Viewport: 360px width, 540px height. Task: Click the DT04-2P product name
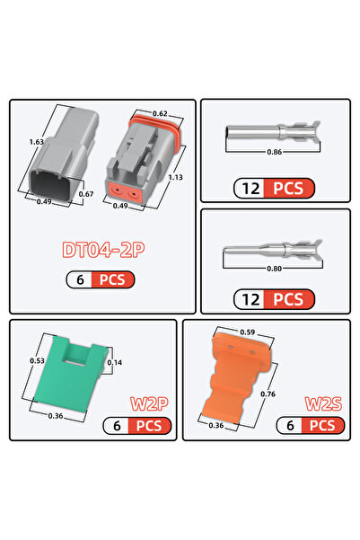coord(103,250)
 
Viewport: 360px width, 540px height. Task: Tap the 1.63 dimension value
coord(37,142)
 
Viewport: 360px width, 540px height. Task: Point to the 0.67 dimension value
coord(86,194)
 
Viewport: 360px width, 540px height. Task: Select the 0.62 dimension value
coord(160,113)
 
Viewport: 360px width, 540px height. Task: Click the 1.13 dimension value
coord(176,177)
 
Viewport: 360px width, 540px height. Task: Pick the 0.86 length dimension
coord(275,152)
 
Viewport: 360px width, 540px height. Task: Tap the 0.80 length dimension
coord(275,269)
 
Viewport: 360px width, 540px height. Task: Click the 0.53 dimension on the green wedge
coord(37,361)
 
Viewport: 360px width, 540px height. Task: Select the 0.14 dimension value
coord(115,363)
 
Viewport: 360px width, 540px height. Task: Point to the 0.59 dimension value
coord(248,332)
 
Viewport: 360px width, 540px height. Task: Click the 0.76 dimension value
coord(268,394)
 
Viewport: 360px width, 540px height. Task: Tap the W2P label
coord(149,403)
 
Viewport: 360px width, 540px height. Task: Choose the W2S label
coord(323,403)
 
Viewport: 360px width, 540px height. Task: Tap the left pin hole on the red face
coord(118,190)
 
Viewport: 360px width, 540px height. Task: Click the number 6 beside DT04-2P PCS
coord(80,279)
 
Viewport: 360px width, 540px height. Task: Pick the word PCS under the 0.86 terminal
coord(288,189)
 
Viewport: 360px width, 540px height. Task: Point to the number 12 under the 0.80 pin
coord(250,299)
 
